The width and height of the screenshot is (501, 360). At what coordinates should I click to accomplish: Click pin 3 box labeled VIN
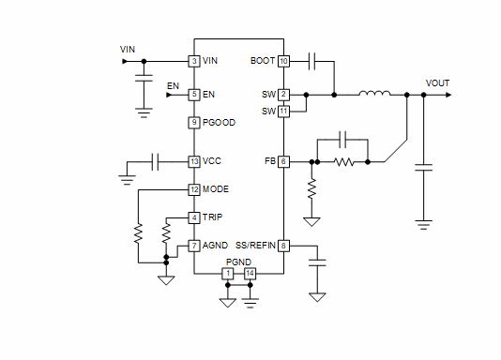click(x=194, y=61)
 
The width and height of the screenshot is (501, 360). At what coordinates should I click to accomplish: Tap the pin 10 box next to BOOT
click(x=283, y=61)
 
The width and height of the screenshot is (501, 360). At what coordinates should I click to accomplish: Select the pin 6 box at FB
click(x=283, y=161)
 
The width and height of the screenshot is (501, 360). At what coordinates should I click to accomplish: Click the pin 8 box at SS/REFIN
click(x=283, y=246)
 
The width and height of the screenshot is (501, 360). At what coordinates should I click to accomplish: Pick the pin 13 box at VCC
click(x=194, y=161)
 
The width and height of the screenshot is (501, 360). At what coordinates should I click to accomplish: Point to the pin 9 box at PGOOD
click(x=194, y=122)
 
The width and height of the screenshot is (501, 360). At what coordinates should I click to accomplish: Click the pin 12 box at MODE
click(x=194, y=188)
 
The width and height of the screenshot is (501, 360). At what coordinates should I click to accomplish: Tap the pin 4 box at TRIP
click(x=194, y=217)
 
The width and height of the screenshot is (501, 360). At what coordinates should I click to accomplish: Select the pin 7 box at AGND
click(x=194, y=246)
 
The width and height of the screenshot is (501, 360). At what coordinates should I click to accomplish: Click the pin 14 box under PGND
click(x=250, y=273)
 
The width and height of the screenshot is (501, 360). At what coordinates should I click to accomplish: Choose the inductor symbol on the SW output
click(x=375, y=94)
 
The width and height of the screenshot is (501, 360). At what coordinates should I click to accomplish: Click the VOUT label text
click(x=437, y=82)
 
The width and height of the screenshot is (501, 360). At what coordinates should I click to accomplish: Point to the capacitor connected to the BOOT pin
click(x=312, y=61)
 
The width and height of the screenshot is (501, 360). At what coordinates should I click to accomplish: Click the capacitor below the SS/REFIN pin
click(x=317, y=263)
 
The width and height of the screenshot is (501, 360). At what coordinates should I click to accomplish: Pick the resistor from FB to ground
click(x=311, y=189)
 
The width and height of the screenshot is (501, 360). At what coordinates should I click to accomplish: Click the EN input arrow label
click(x=173, y=86)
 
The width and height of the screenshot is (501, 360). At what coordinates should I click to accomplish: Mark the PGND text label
click(x=239, y=262)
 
